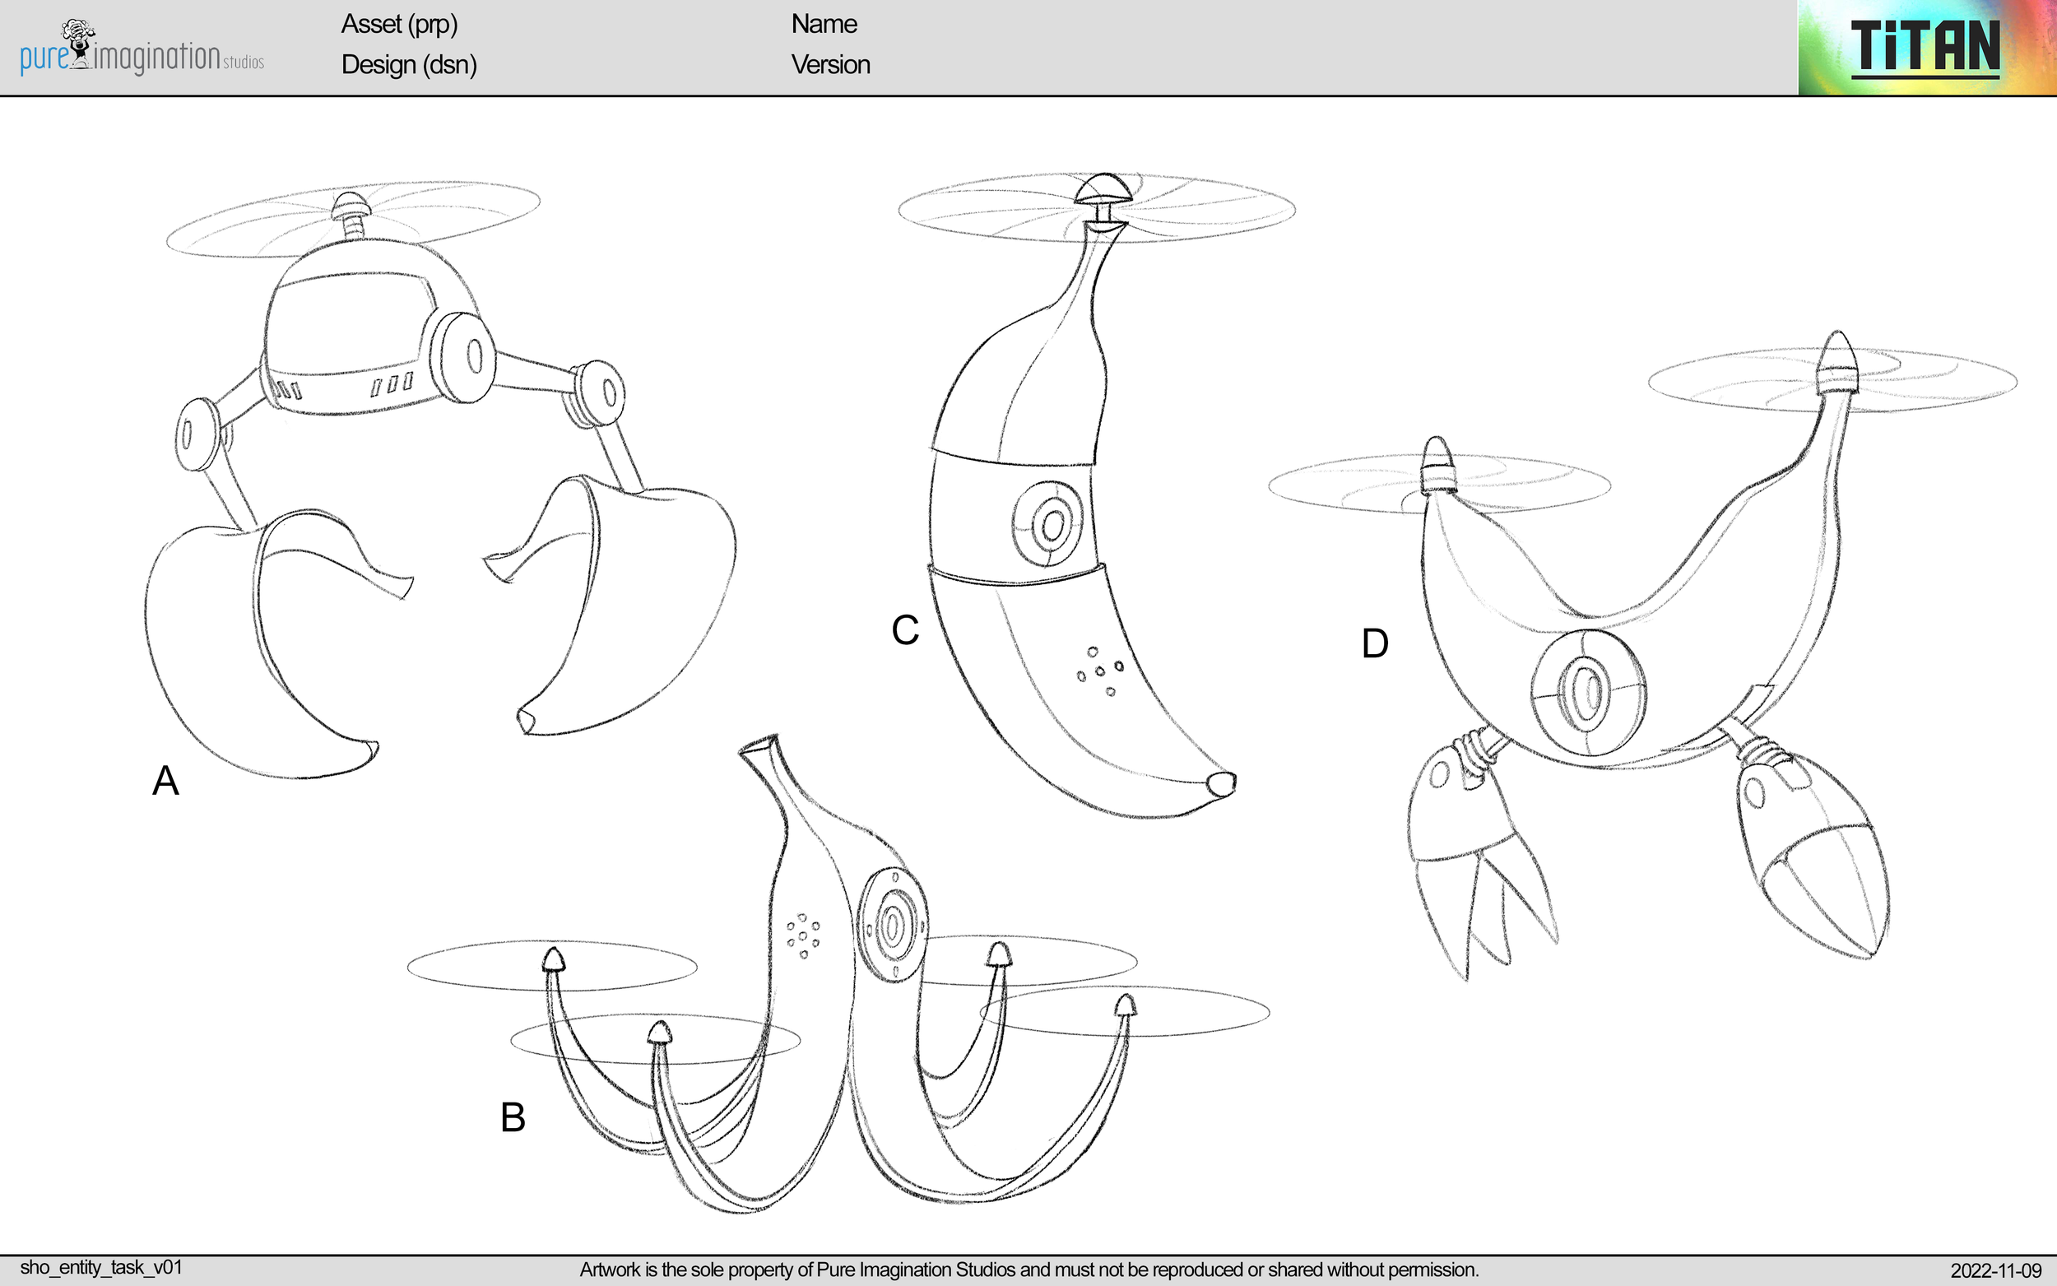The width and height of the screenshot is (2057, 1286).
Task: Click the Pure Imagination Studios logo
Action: point(142,49)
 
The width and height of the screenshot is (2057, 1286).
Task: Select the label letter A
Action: point(166,781)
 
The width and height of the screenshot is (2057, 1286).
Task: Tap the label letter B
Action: point(513,1117)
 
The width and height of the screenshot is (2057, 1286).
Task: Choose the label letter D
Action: point(1375,644)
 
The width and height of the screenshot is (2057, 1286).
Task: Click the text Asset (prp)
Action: point(399,24)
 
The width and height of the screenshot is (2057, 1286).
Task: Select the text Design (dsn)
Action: point(408,65)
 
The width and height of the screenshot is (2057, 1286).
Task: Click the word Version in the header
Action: point(830,65)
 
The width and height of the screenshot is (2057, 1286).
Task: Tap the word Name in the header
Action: point(823,24)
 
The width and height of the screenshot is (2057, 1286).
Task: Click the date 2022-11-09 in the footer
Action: point(1995,1270)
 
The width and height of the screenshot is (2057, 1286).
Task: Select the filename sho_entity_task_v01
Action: point(101,1267)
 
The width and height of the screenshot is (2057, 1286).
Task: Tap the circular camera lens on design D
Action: point(1586,691)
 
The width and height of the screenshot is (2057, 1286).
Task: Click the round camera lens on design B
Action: point(892,926)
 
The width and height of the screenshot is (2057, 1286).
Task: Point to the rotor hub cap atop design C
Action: point(1103,188)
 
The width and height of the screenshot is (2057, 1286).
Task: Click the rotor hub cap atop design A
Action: point(351,204)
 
